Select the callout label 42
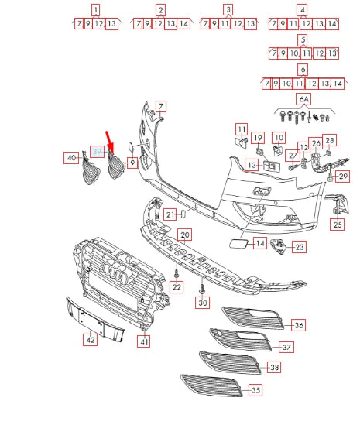coord(90,338)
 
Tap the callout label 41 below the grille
coord(144,339)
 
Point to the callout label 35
coord(255,392)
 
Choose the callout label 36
coord(298,325)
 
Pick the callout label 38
coord(296,367)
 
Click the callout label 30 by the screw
coord(203,303)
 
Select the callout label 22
coord(177,287)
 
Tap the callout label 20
coord(184,234)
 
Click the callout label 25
coord(337,225)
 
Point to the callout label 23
coord(298,248)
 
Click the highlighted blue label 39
coord(97,150)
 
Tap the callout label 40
coord(71,158)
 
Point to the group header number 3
coord(228,10)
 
